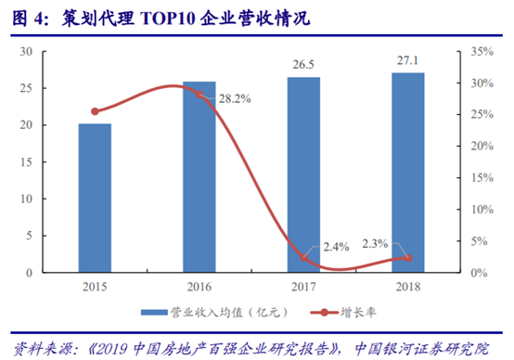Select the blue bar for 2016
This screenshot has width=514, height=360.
[199, 176]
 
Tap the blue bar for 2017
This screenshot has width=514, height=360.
[303, 174]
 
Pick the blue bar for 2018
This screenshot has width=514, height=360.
[407, 172]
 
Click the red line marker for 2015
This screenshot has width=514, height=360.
[95, 111]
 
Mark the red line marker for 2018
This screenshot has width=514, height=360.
[407, 258]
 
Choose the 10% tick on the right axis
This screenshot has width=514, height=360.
[478, 209]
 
